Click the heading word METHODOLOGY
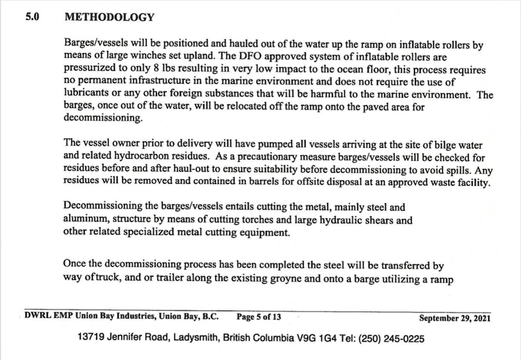[x=109, y=17]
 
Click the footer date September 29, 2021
[x=454, y=317]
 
